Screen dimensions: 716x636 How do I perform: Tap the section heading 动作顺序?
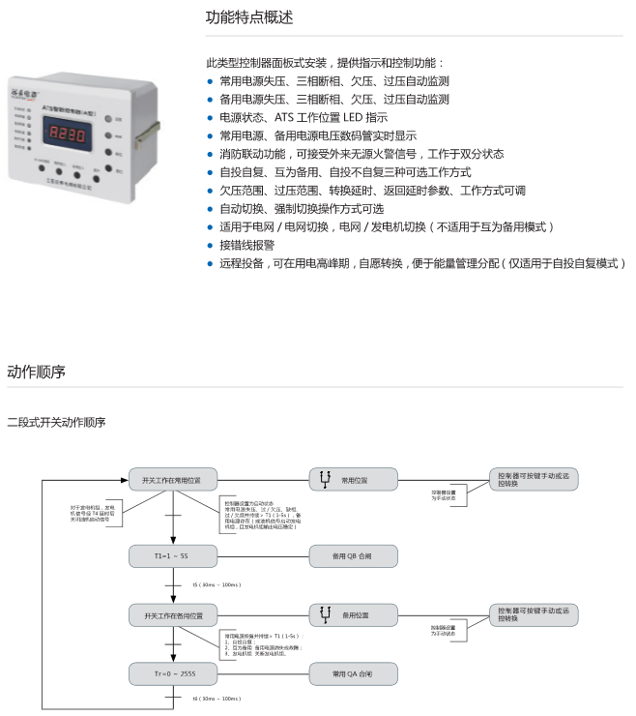[36, 373]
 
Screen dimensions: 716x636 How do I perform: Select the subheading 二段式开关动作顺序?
[56, 422]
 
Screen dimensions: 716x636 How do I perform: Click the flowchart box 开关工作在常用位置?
[173, 479]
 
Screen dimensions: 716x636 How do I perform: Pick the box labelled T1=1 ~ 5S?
[173, 556]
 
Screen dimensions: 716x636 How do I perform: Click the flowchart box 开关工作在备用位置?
[173, 614]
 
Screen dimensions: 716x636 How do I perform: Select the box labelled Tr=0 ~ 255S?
[173, 671]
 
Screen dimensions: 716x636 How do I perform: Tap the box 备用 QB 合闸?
[352, 556]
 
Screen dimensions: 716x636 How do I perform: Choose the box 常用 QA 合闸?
[352, 671]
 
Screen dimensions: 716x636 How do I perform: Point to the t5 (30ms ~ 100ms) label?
[214, 585]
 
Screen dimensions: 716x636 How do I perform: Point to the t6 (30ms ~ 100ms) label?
[214, 698]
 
